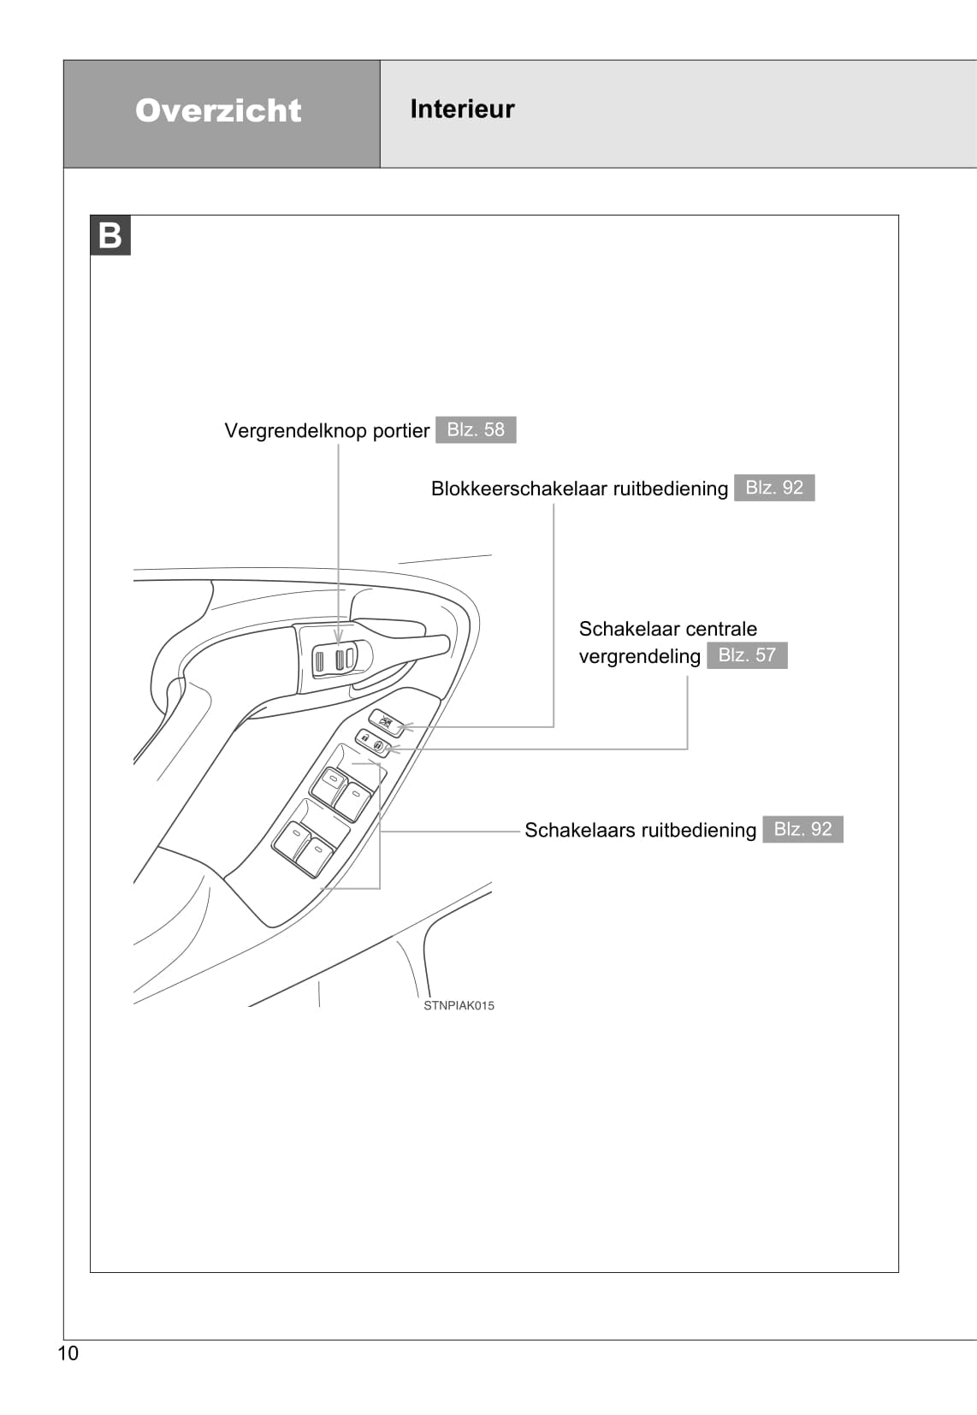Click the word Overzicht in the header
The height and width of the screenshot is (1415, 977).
pos(218,110)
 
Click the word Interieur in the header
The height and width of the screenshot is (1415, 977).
pos(462,109)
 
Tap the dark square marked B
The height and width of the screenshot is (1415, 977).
pos(110,235)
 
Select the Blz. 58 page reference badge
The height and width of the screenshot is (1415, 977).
pos(476,429)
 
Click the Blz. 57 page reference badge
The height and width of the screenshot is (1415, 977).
pos(747,655)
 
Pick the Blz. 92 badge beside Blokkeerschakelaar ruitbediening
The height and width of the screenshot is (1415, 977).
pos(774,488)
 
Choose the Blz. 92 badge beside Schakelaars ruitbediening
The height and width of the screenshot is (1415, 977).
pos(802,829)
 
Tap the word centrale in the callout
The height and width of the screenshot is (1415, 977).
pos(717,629)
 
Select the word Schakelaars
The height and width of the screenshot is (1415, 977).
pos(579,830)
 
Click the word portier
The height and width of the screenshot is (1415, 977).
pos(401,430)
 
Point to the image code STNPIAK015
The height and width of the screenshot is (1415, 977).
pos(459,1005)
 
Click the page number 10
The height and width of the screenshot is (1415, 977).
pos(68,1353)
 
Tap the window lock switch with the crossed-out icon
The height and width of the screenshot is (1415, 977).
pos(387,723)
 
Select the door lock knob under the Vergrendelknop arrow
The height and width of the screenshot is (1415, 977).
pos(340,659)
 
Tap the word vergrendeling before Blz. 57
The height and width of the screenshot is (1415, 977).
pos(639,656)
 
